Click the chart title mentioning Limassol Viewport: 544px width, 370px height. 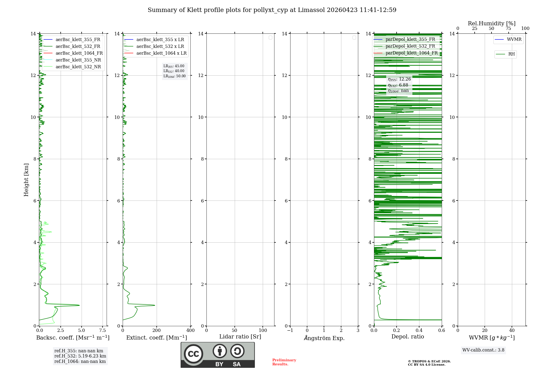(x=272, y=10)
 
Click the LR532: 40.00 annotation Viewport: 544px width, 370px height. (x=174, y=71)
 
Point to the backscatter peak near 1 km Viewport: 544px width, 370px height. (x=79, y=305)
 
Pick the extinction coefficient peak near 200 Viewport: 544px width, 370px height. (x=154, y=305)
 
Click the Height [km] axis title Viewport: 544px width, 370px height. (x=26, y=180)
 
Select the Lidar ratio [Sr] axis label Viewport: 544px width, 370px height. (x=240, y=337)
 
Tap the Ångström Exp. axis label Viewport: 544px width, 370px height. (x=324, y=338)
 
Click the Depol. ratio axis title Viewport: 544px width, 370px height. (x=407, y=337)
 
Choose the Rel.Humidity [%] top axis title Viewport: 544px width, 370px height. (x=492, y=23)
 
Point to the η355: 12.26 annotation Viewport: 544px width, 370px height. (x=399, y=79)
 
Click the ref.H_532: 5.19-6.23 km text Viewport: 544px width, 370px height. (x=80, y=356)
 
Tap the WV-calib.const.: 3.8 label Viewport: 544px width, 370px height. (x=483, y=350)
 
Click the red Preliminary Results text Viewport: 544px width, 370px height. (x=284, y=362)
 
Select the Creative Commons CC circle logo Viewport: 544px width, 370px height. (x=193, y=354)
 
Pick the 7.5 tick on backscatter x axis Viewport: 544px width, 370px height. (x=103, y=331)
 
